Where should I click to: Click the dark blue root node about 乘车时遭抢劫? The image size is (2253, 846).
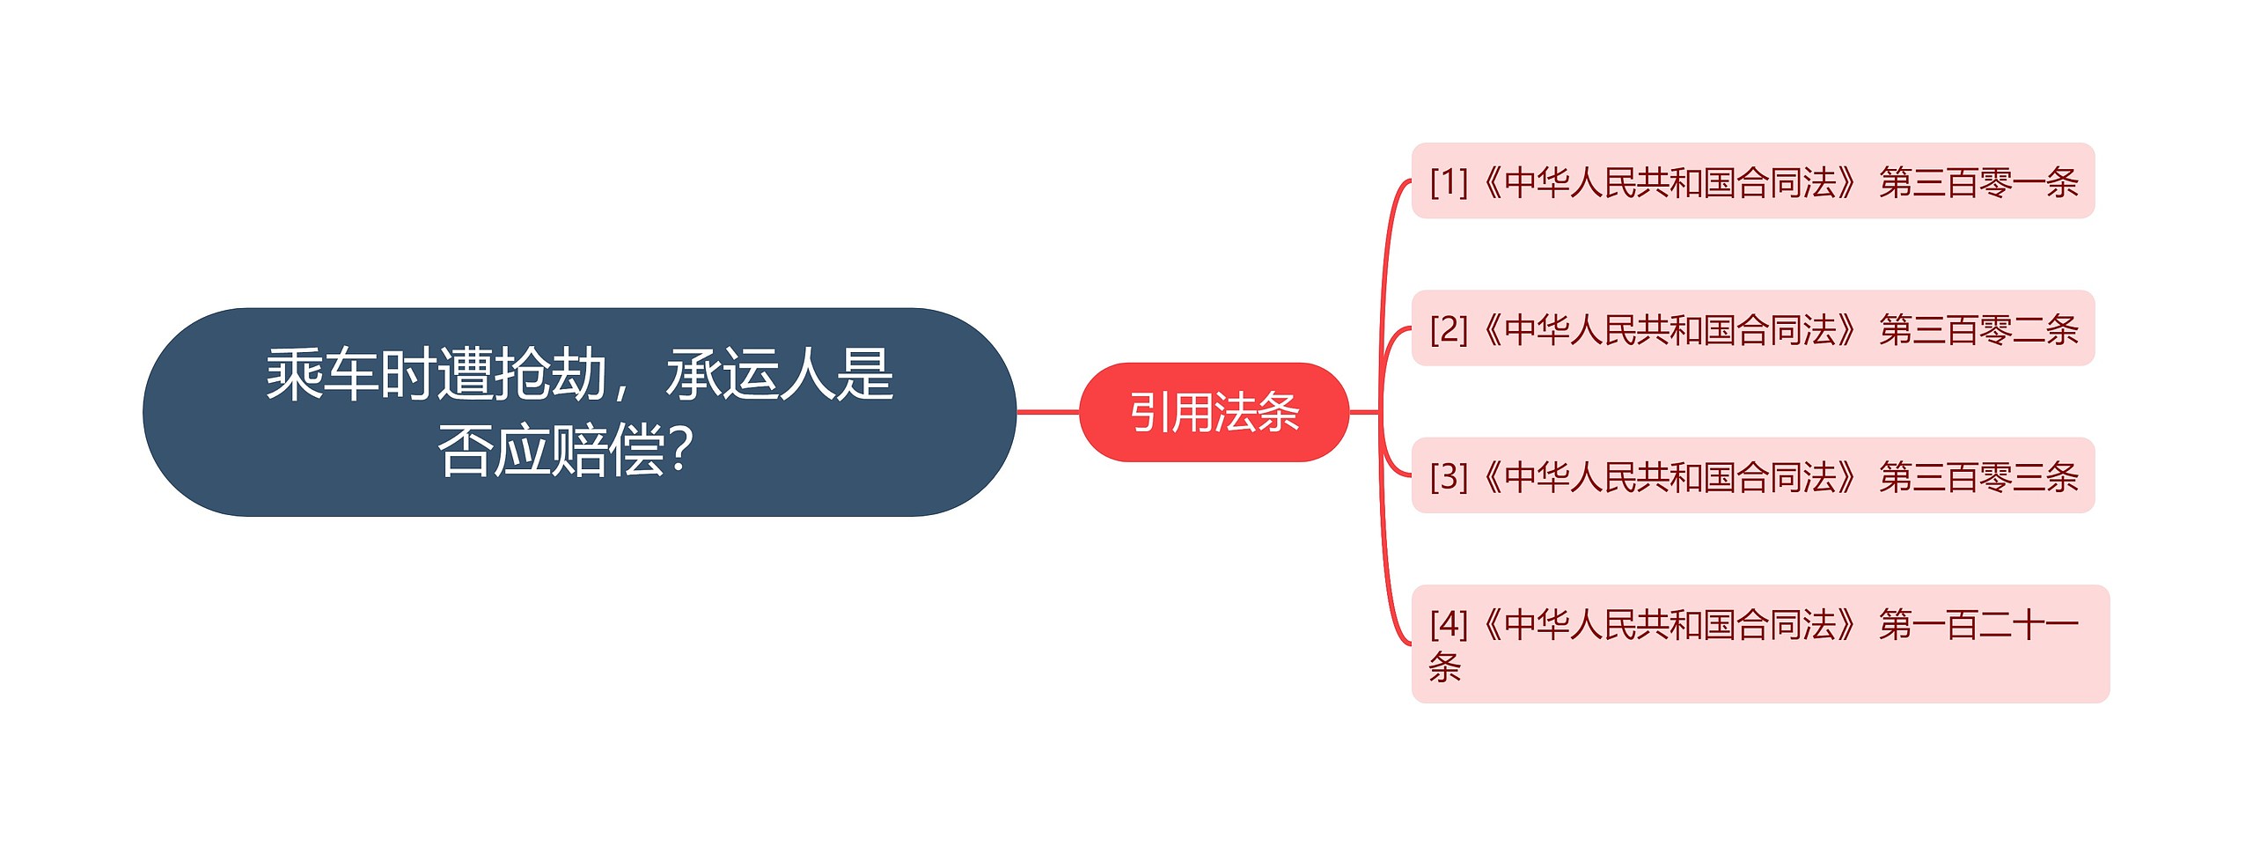click(579, 412)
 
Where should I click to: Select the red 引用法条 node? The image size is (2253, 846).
click(1214, 412)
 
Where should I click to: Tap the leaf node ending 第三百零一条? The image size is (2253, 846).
click(1752, 181)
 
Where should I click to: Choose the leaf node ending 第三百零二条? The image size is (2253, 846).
click(1752, 328)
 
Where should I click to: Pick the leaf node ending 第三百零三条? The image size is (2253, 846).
click(1752, 475)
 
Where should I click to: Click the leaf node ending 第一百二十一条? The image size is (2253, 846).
click(1760, 644)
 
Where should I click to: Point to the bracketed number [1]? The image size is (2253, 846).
click(1449, 182)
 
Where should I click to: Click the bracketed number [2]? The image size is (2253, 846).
click(1449, 329)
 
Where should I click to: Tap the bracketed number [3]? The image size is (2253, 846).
click(1449, 476)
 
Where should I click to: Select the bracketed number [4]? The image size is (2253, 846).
click(1449, 624)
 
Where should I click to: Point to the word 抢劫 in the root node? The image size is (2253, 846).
click(550, 374)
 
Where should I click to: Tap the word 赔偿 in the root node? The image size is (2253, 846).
click(607, 450)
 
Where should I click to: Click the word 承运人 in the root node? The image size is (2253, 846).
click(750, 374)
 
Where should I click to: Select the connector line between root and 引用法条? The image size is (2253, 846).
click(1047, 411)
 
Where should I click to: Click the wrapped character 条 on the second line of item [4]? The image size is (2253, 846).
click(1445, 666)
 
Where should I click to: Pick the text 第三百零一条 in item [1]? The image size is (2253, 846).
click(1978, 182)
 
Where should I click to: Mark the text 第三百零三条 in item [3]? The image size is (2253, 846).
click(1978, 476)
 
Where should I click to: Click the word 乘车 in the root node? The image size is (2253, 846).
click(322, 374)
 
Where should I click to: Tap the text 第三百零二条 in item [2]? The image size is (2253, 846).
click(1978, 329)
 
